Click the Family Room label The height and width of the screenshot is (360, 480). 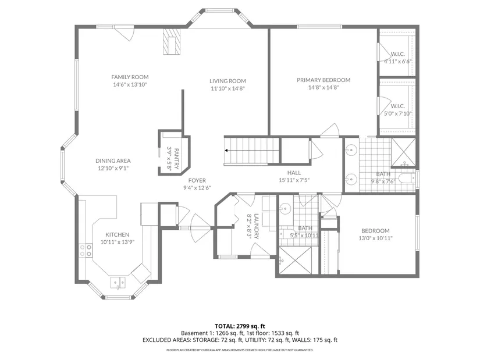(x=130, y=77)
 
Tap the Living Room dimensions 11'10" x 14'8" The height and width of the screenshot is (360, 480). (x=227, y=89)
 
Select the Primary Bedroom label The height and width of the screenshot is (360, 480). (x=323, y=80)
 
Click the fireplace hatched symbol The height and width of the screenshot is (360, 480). (x=172, y=42)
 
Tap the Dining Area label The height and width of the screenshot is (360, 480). (x=113, y=161)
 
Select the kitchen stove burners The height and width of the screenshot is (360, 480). (x=86, y=250)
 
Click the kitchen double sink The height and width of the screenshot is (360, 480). (x=118, y=283)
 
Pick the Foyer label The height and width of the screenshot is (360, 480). (x=197, y=181)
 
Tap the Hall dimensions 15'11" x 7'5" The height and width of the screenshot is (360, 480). (x=294, y=180)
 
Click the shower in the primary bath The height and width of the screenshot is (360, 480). (x=403, y=152)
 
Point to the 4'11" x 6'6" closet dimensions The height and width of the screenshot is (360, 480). (x=397, y=61)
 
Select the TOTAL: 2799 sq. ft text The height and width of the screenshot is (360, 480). (x=240, y=326)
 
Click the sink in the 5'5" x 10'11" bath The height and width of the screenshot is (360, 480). (x=285, y=209)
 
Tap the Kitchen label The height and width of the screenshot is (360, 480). (x=118, y=235)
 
